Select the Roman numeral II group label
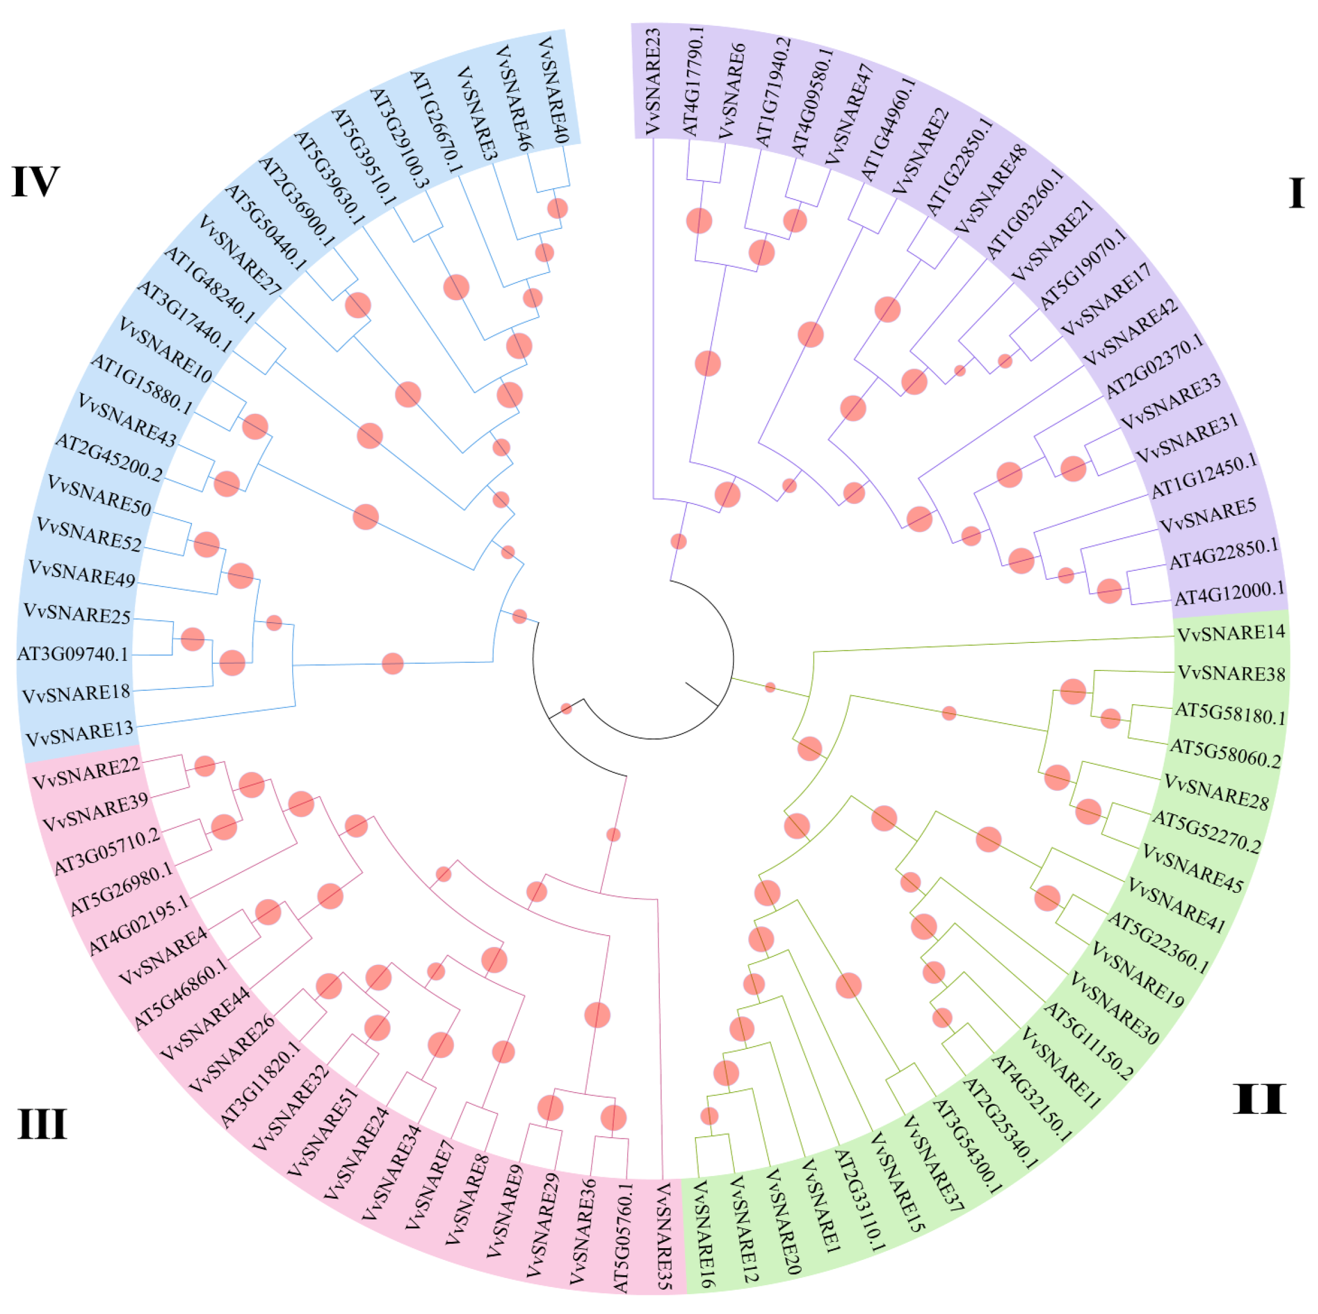tap(1259, 1099)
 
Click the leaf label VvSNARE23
tap(653, 81)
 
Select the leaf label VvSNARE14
tap(1231, 633)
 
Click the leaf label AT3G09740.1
tap(73, 654)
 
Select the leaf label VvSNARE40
tap(553, 90)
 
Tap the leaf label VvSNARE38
tap(1231, 673)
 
